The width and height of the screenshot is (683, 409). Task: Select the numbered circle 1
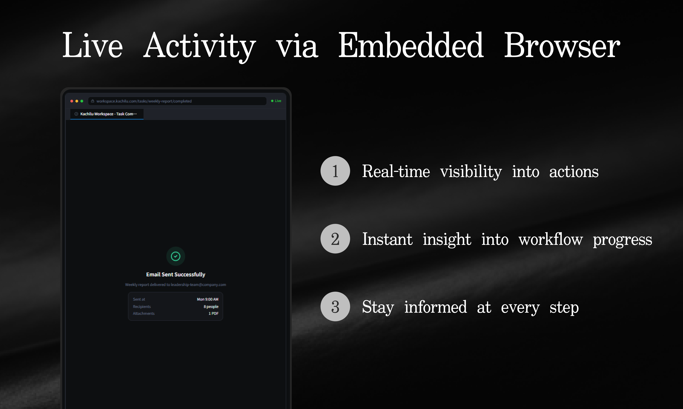(x=335, y=171)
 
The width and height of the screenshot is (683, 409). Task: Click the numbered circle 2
(x=335, y=239)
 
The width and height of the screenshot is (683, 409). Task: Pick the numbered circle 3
(x=335, y=306)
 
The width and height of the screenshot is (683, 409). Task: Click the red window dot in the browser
(x=72, y=101)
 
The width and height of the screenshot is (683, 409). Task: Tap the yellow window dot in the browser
(x=77, y=101)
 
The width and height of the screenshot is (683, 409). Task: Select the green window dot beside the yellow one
(x=82, y=101)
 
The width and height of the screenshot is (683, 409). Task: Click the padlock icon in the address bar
(x=93, y=101)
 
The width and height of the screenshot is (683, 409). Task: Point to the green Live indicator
(x=276, y=101)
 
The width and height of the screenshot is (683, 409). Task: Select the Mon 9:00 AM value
(x=208, y=299)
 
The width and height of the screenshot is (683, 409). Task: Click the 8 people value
(x=211, y=306)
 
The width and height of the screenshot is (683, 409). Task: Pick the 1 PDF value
(x=214, y=313)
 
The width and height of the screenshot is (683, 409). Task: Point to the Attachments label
(x=144, y=313)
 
